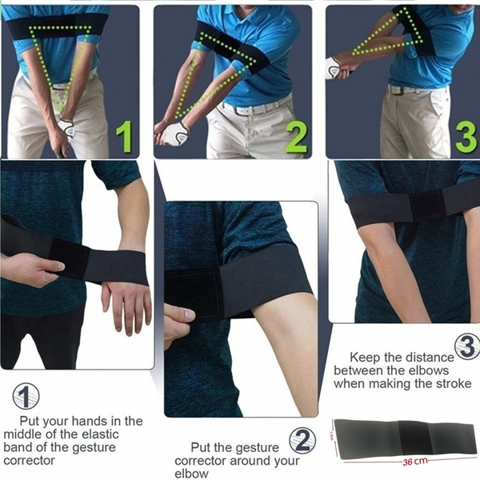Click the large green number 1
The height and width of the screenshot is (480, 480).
point(123,137)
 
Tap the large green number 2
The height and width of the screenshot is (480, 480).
point(296,137)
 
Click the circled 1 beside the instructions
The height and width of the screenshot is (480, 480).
point(26,396)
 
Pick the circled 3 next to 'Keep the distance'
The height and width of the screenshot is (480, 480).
point(466,346)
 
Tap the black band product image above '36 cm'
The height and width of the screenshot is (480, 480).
point(404,437)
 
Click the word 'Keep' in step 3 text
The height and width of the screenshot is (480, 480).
point(365,358)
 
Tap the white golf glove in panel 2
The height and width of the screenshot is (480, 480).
point(173,134)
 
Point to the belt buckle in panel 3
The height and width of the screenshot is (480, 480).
point(395,90)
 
